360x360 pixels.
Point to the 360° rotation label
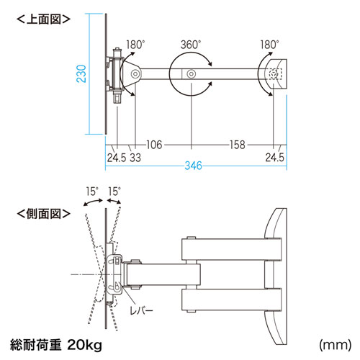click(x=190, y=44)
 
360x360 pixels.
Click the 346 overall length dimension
click(x=191, y=167)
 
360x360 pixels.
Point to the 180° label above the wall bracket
click(x=271, y=44)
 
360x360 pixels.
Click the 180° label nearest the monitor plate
click(x=135, y=44)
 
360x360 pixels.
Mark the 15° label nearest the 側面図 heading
click(x=91, y=193)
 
